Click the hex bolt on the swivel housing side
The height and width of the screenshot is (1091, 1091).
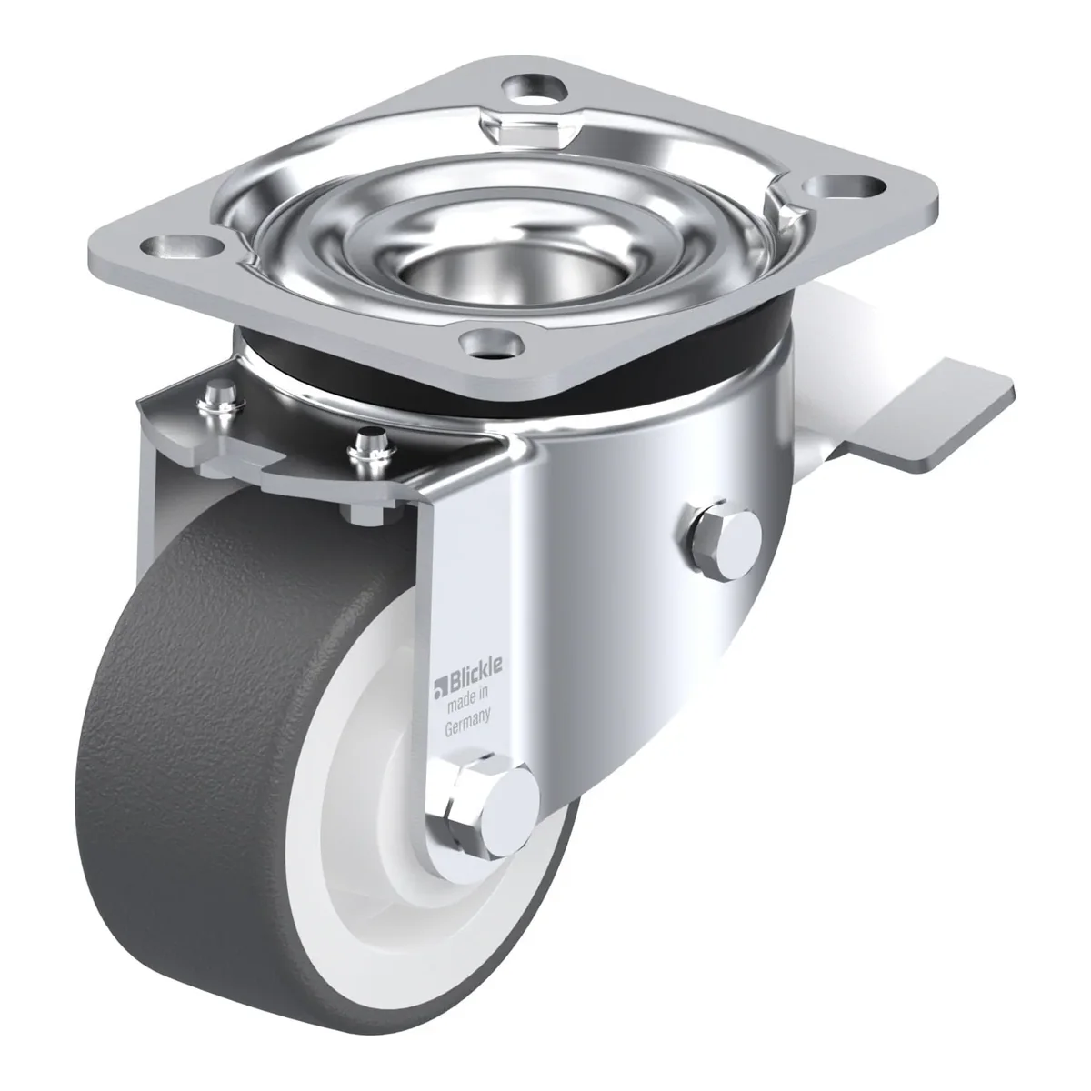723,538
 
